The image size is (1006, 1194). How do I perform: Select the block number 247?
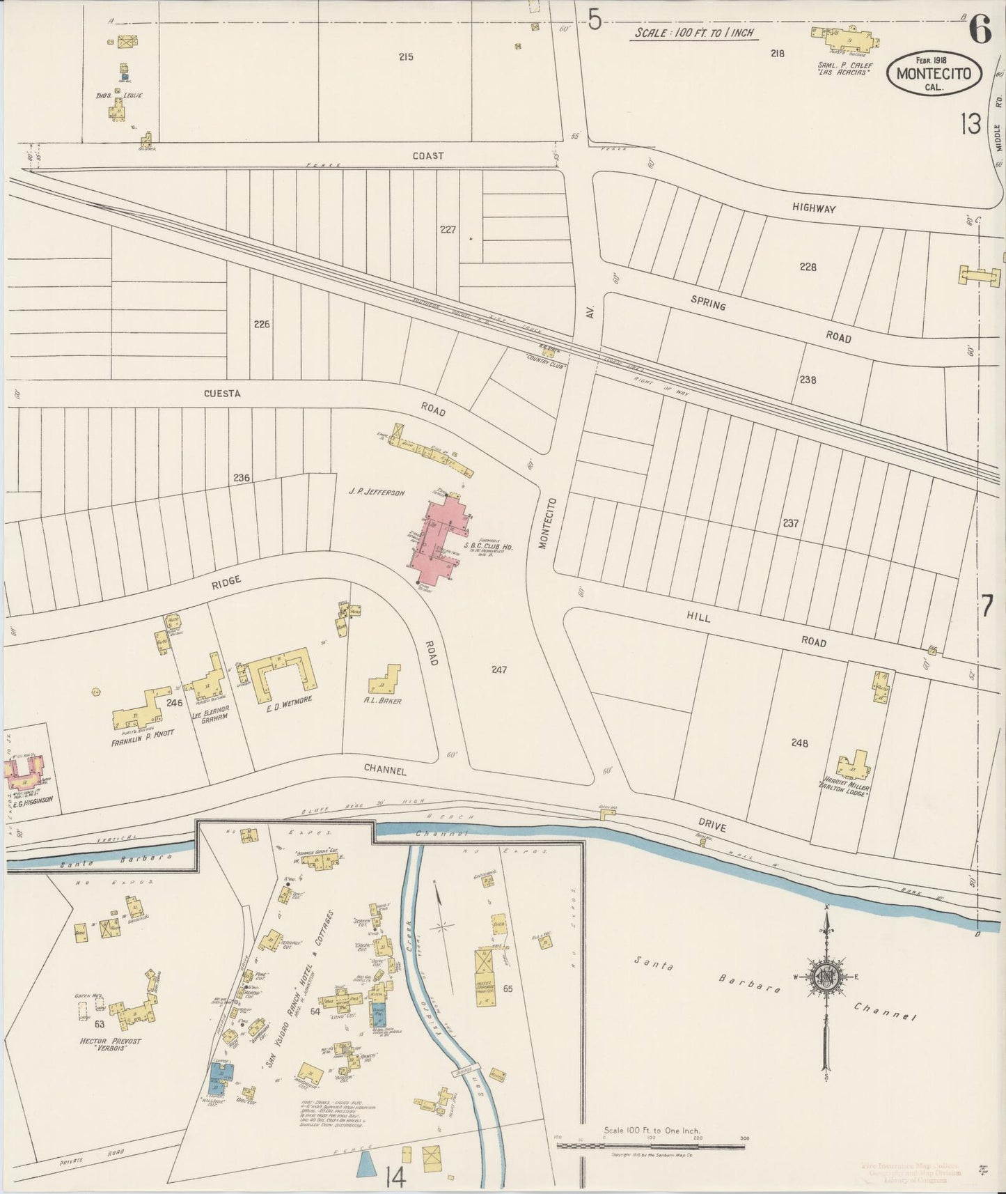tap(498, 670)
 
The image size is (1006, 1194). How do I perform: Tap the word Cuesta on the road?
tap(222, 394)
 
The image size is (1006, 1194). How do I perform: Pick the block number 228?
tap(808, 267)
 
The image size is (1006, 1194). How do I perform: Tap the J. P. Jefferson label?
tap(377, 493)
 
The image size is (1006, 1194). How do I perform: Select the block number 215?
tap(405, 56)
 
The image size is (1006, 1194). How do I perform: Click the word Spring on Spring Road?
tap(708, 303)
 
